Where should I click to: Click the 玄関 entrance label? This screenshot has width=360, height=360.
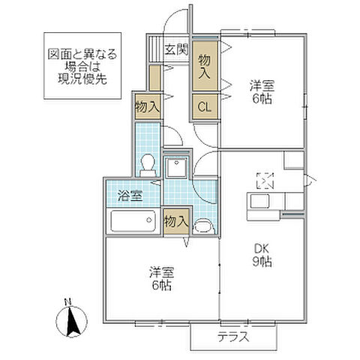[176, 50]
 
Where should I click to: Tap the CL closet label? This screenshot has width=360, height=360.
[204, 106]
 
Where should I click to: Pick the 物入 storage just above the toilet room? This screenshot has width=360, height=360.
[147, 106]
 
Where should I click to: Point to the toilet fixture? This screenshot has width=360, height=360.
[148, 163]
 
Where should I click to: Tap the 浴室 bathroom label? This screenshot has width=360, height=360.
[132, 196]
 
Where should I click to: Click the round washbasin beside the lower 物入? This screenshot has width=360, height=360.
[202, 224]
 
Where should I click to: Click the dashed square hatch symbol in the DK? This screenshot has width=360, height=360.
[265, 180]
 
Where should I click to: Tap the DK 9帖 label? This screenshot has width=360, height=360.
[261, 255]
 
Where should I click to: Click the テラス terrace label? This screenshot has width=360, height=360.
[234, 337]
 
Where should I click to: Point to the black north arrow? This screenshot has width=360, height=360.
[73, 322]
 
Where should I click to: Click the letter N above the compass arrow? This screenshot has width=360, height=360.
[67, 302]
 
